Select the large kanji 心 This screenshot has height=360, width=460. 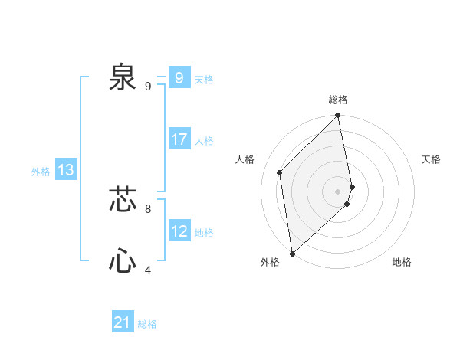tap(123, 262)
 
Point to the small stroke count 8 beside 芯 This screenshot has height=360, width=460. tap(147, 208)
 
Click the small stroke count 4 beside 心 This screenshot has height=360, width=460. tap(147, 270)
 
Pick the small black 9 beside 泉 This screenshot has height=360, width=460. tap(147, 86)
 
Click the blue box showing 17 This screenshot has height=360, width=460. tap(179, 139)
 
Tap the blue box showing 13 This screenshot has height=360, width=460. tap(65, 171)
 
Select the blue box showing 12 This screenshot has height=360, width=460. tap(179, 231)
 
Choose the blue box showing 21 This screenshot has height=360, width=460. tap(122, 322)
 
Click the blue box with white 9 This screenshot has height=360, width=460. tap(179, 78)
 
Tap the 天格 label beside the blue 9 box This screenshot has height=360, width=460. tap(204, 80)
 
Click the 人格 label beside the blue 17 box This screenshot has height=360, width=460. tap(204, 141)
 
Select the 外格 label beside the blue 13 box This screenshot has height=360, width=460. tap(41, 172)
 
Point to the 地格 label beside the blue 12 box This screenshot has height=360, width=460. tap(204, 233)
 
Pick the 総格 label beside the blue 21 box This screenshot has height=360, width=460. tap(147, 324)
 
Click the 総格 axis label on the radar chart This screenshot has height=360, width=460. tap(338, 100)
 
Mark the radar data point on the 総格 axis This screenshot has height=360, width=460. tap(338, 116)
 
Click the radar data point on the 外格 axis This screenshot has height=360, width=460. tap(292, 254)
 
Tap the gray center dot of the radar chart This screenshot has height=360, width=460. tap(338, 191)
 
